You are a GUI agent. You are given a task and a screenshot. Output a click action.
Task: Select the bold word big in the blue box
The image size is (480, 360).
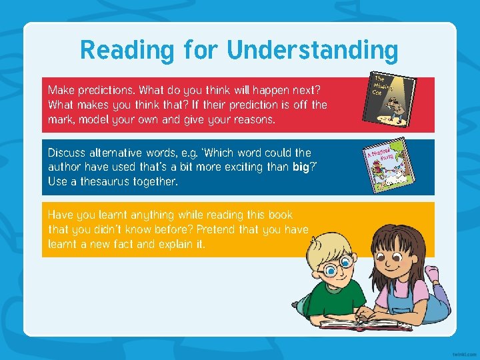(302, 167)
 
